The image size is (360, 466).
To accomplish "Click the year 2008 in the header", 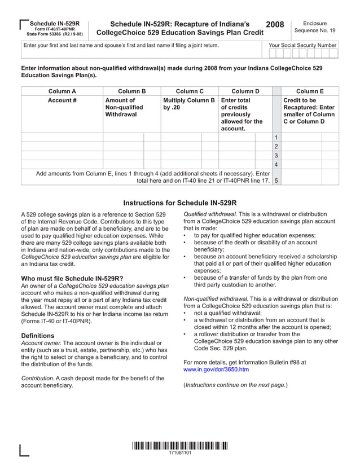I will [275, 25].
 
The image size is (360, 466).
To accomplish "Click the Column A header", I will [62, 91].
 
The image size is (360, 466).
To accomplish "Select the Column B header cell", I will [132, 91].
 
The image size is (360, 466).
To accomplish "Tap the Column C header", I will [190, 91].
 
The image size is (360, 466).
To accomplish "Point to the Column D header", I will [245, 91].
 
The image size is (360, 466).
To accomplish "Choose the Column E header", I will [310, 91].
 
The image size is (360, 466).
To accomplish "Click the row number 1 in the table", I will [276, 137].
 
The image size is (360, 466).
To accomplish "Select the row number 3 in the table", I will [276, 155].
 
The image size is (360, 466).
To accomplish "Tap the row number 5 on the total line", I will [276, 181].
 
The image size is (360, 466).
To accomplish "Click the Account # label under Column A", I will [62, 100].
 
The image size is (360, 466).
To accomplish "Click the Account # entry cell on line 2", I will [62, 146].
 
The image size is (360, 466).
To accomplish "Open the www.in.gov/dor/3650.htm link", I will [216, 370].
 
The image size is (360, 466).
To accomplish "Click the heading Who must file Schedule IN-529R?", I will [72, 278].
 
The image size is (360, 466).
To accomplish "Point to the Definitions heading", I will [41, 336].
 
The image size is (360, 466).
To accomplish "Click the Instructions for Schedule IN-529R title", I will [179, 203].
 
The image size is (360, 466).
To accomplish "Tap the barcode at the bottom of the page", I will [180, 445].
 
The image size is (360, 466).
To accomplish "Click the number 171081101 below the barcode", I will [180, 454].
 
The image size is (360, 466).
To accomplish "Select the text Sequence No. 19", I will [314, 30].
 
